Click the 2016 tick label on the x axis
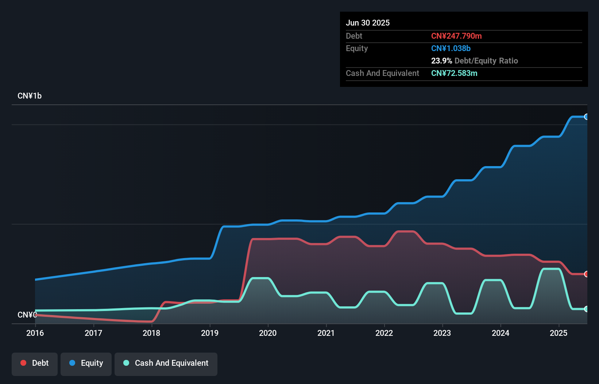pos(35,333)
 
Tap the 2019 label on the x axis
pos(210,333)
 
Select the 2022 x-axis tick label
pos(384,333)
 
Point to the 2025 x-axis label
pos(559,333)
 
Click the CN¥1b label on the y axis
pos(30,96)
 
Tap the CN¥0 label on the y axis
pos(27,315)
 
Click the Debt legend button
pos(35,363)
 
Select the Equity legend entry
pos(86,363)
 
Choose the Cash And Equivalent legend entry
pos(166,363)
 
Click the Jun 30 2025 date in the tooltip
pos(368,23)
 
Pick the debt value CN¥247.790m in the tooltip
pos(456,36)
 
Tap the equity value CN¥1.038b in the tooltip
pos(451,49)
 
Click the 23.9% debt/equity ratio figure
pos(441,61)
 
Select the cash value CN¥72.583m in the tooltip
pos(454,73)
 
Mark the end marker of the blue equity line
pos(586,117)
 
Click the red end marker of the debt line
pos(586,274)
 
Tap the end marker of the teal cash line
pos(586,309)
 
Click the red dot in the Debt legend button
pos(23,363)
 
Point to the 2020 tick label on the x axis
pos(268,333)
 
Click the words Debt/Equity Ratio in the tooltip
pos(486,61)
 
